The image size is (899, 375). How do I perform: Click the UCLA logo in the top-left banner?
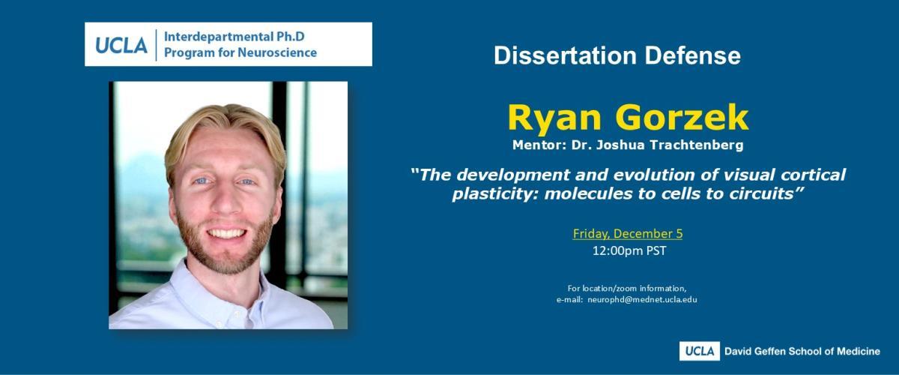pyautogui.click(x=121, y=45)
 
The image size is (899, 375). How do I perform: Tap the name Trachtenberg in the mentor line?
pyautogui.click(x=696, y=145)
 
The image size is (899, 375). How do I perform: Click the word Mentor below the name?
pyautogui.click(x=539, y=145)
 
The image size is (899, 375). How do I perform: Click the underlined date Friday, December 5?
pyautogui.click(x=628, y=234)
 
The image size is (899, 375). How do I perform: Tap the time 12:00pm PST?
pyautogui.click(x=629, y=250)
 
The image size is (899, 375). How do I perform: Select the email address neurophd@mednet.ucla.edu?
pyautogui.click(x=642, y=299)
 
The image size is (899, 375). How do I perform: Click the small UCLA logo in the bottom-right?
pyautogui.click(x=700, y=351)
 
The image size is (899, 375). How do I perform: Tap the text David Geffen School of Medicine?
pyautogui.click(x=802, y=351)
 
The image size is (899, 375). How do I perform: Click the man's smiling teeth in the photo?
pyautogui.click(x=226, y=233)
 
